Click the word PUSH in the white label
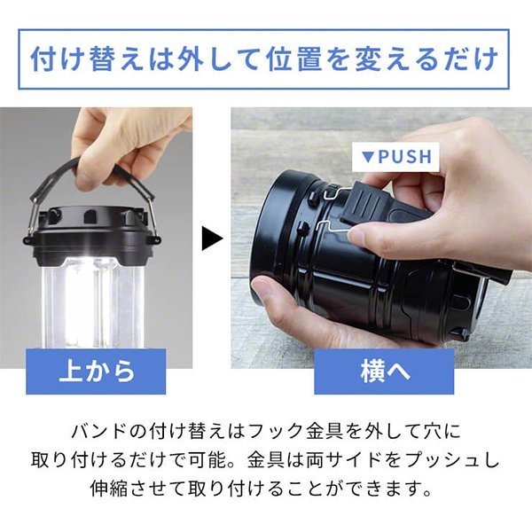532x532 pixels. (405, 156)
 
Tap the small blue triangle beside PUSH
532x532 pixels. (367, 157)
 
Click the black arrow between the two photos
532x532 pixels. (212, 239)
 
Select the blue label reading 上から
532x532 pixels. (96, 372)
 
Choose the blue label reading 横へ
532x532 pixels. (384, 372)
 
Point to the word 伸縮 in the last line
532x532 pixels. (109, 489)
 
